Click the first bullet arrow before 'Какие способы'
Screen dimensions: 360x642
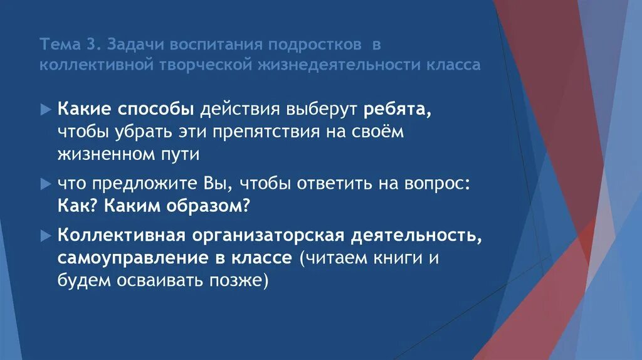45,109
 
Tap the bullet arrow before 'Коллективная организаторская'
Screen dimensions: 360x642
45,236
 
